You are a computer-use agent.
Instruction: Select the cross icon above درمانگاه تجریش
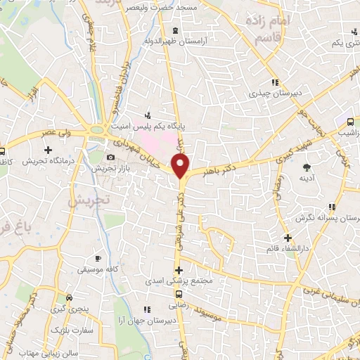(x=48, y=150)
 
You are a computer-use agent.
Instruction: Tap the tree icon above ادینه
(x=307, y=167)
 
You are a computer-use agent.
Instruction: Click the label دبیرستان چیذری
(x=278, y=92)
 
